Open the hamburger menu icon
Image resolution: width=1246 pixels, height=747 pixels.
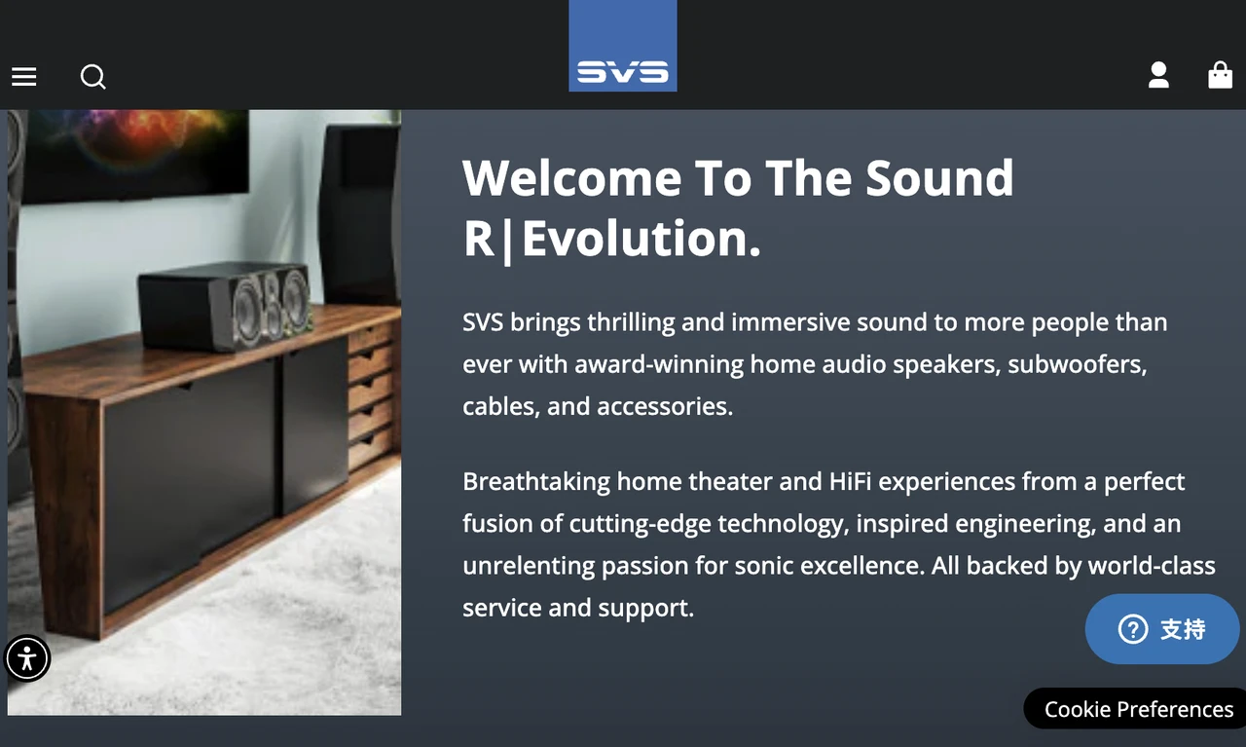pyautogui.click(x=24, y=77)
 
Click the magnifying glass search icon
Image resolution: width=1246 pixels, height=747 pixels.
pyautogui.click(x=92, y=77)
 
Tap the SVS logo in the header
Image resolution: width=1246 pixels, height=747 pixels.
pyautogui.click(x=622, y=46)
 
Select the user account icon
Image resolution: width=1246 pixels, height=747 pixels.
pyautogui.click(x=1158, y=75)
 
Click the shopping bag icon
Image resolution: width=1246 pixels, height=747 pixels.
pyautogui.click(x=1221, y=75)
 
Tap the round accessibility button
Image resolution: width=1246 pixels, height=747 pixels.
pyautogui.click(x=26, y=658)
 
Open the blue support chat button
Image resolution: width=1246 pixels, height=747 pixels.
pyautogui.click(x=1162, y=629)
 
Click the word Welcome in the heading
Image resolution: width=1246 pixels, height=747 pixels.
pyautogui.click(x=571, y=178)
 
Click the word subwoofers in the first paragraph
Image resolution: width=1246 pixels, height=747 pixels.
pyautogui.click(x=1077, y=364)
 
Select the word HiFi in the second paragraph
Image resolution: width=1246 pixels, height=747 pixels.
pyautogui.click(x=850, y=481)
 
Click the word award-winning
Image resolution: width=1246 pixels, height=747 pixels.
pyautogui.click(x=659, y=365)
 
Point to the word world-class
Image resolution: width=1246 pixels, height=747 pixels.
pyautogui.click(x=1152, y=566)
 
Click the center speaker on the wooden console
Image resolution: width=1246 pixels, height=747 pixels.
pyautogui.click(x=225, y=306)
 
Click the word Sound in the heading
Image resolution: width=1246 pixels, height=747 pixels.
pyautogui.click(x=939, y=178)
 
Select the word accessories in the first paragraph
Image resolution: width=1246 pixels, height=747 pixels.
pyautogui.click(x=665, y=407)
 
